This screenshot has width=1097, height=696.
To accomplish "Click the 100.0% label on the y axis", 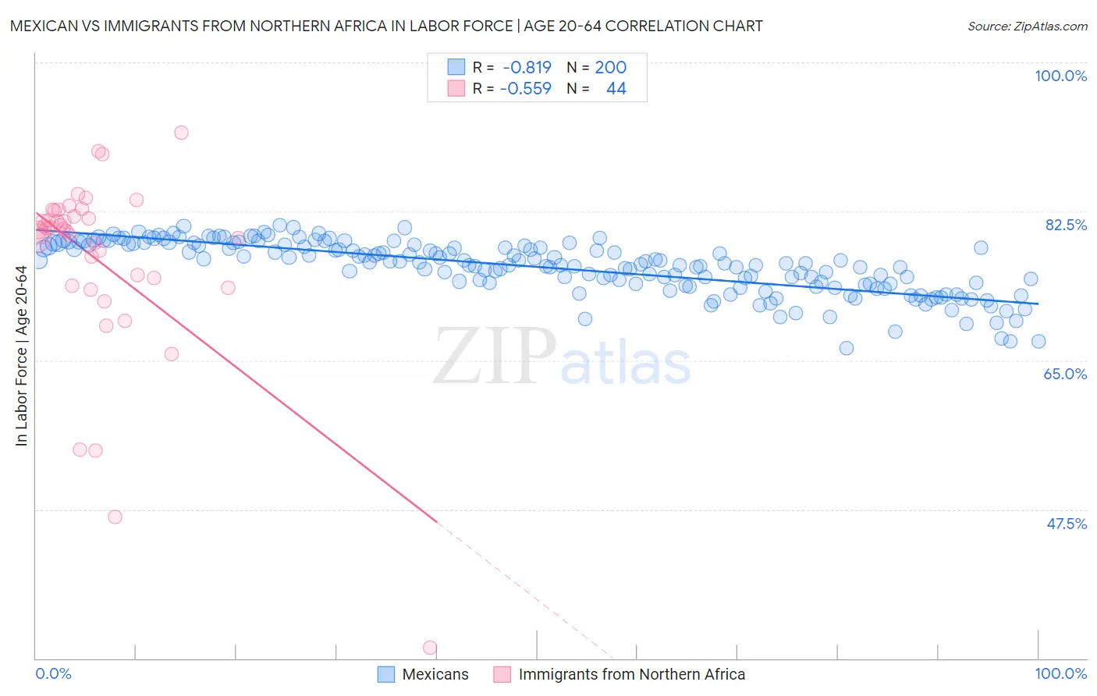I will pyautogui.click(x=1060, y=76).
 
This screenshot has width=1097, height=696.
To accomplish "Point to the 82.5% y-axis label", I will pyautogui.click(x=1066, y=225).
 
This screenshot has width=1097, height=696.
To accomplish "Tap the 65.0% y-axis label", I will pyautogui.click(x=1065, y=374).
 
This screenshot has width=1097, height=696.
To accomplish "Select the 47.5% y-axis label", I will pyautogui.click(x=1066, y=524).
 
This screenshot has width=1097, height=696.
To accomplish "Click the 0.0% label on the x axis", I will pyautogui.click(x=53, y=673).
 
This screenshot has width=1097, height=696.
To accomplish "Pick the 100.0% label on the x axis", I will pyautogui.click(x=1060, y=673).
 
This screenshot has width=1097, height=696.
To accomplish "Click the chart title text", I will pyautogui.click(x=386, y=26).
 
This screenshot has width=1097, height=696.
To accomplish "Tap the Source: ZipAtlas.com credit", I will pyautogui.click(x=1027, y=27).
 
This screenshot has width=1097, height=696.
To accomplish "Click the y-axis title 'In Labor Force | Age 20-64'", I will pyautogui.click(x=21, y=356).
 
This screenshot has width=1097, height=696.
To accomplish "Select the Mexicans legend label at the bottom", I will pyautogui.click(x=435, y=674).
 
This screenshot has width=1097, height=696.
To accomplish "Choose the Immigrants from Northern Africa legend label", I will pyautogui.click(x=631, y=674).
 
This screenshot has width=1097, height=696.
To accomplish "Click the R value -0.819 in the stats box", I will pyautogui.click(x=527, y=68).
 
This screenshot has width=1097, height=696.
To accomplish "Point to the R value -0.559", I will pyautogui.click(x=525, y=89).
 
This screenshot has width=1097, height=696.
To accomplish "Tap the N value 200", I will pyautogui.click(x=610, y=68).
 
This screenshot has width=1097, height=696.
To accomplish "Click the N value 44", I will pyautogui.click(x=616, y=89).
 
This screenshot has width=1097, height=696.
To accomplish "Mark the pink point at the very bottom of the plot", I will pyautogui.click(x=429, y=648).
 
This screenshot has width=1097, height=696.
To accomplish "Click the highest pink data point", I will pyautogui.click(x=181, y=133).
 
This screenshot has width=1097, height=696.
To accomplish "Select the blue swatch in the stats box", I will pyautogui.click(x=456, y=67).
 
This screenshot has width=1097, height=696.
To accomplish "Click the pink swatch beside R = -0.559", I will pyautogui.click(x=456, y=88).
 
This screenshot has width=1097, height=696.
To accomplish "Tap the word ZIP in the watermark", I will pyautogui.click(x=494, y=357).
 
